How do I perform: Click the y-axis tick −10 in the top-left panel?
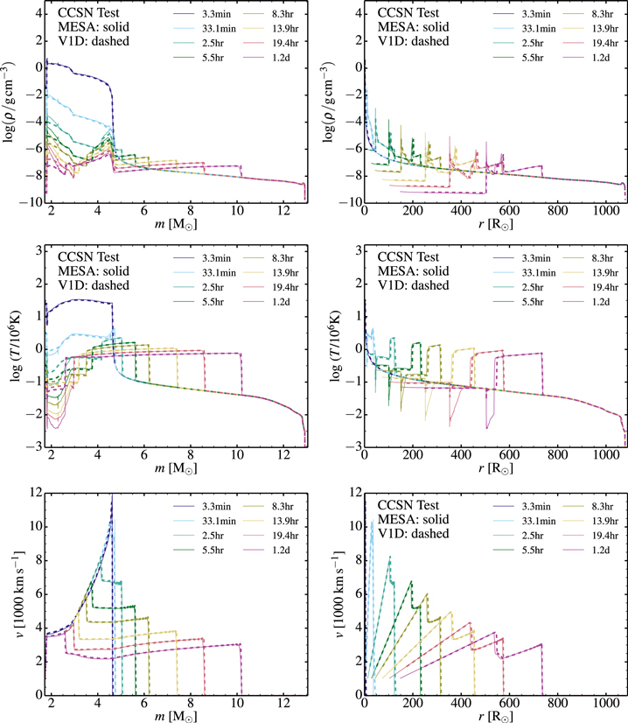(x=27, y=202)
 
